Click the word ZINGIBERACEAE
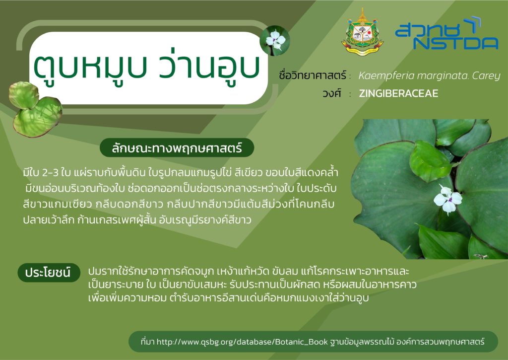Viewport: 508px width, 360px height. tap(398, 93)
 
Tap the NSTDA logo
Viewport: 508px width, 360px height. tap(446, 33)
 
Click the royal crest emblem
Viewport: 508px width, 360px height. tap(362, 32)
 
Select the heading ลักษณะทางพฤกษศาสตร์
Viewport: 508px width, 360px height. tap(177, 148)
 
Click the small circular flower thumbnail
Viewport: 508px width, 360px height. tap(275, 41)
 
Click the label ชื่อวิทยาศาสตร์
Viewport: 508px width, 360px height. tap(313, 75)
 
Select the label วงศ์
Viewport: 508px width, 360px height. tap(331, 93)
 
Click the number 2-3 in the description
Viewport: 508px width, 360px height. tap(50, 172)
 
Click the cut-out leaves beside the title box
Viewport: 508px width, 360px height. tap(35, 109)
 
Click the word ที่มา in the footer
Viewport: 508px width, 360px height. tap(147, 342)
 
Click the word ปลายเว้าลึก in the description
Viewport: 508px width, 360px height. tap(49, 220)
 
